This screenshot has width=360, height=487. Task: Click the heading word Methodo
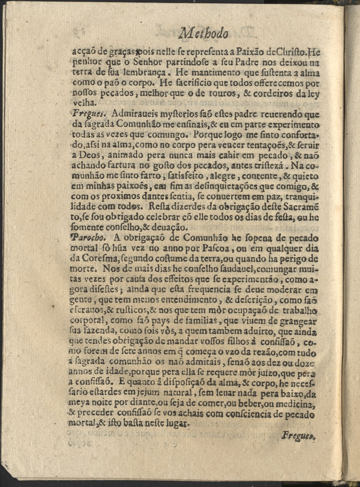pos(204,34)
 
